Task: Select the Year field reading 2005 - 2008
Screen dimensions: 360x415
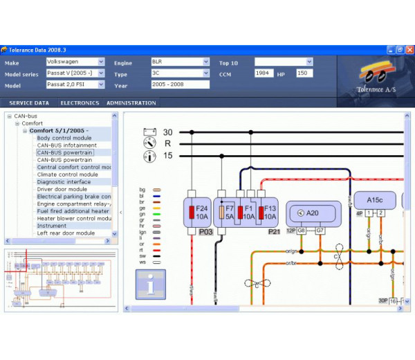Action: tap(180, 84)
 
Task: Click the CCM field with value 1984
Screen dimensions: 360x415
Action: tap(264, 73)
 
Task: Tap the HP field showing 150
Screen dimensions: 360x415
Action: tap(304, 73)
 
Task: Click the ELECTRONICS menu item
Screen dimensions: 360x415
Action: tap(80, 102)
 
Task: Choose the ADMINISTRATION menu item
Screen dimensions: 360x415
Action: tap(131, 102)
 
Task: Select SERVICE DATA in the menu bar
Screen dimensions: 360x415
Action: tap(28, 102)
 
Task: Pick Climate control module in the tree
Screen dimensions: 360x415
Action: tap(67, 174)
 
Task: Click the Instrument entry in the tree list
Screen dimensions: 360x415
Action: tap(52, 226)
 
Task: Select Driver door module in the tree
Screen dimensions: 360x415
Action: tap(62, 189)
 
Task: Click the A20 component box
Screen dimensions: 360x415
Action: tap(313, 213)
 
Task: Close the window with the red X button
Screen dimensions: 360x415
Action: tap(409, 50)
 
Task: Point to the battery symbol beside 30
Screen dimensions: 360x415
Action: tap(149, 132)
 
